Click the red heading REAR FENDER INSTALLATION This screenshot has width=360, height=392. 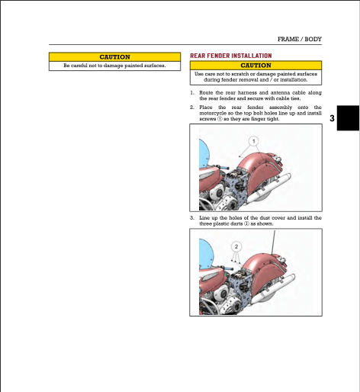tap(230, 56)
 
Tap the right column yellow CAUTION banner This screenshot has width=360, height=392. tap(256, 66)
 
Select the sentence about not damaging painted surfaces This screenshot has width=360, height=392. tap(115, 66)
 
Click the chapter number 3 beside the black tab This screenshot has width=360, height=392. tap(332, 120)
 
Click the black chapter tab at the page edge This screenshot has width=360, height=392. tap(349, 119)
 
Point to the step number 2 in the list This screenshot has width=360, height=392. tap(191, 108)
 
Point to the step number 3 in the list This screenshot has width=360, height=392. tap(191, 217)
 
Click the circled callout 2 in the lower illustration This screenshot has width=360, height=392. tap(236, 246)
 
